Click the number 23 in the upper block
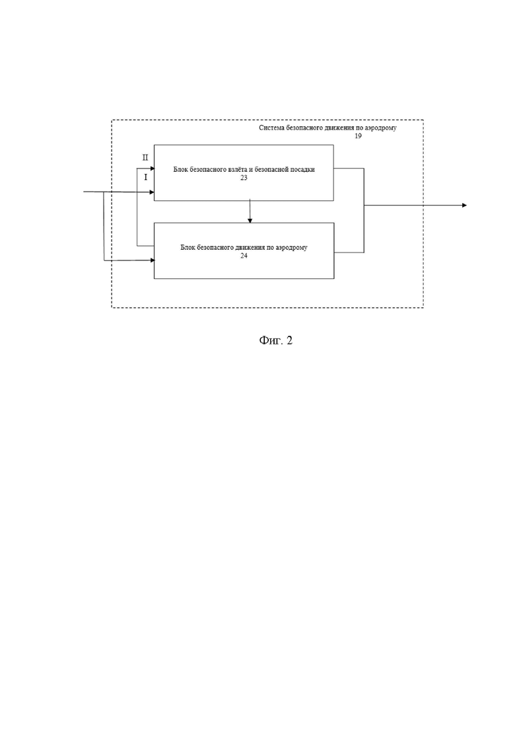(x=244, y=178)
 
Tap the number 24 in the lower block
(x=244, y=256)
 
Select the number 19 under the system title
(x=358, y=136)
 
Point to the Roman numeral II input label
(x=145, y=157)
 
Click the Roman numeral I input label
(x=145, y=177)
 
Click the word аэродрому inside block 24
(x=292, y=248)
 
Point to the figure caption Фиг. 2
(x=276, y=340)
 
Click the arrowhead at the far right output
(x=464, y=205)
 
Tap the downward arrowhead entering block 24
(x=250, y=220)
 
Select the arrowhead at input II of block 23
(x=151, y=169)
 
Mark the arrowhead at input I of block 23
(x=151, y=192)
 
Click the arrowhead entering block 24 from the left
(x=151, y=260)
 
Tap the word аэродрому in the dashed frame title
(x=381, y=128)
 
